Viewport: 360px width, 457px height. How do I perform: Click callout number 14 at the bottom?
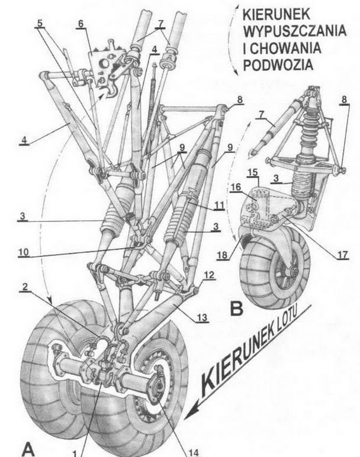pos(195,453)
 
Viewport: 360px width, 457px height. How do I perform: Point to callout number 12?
pos(208,275)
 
